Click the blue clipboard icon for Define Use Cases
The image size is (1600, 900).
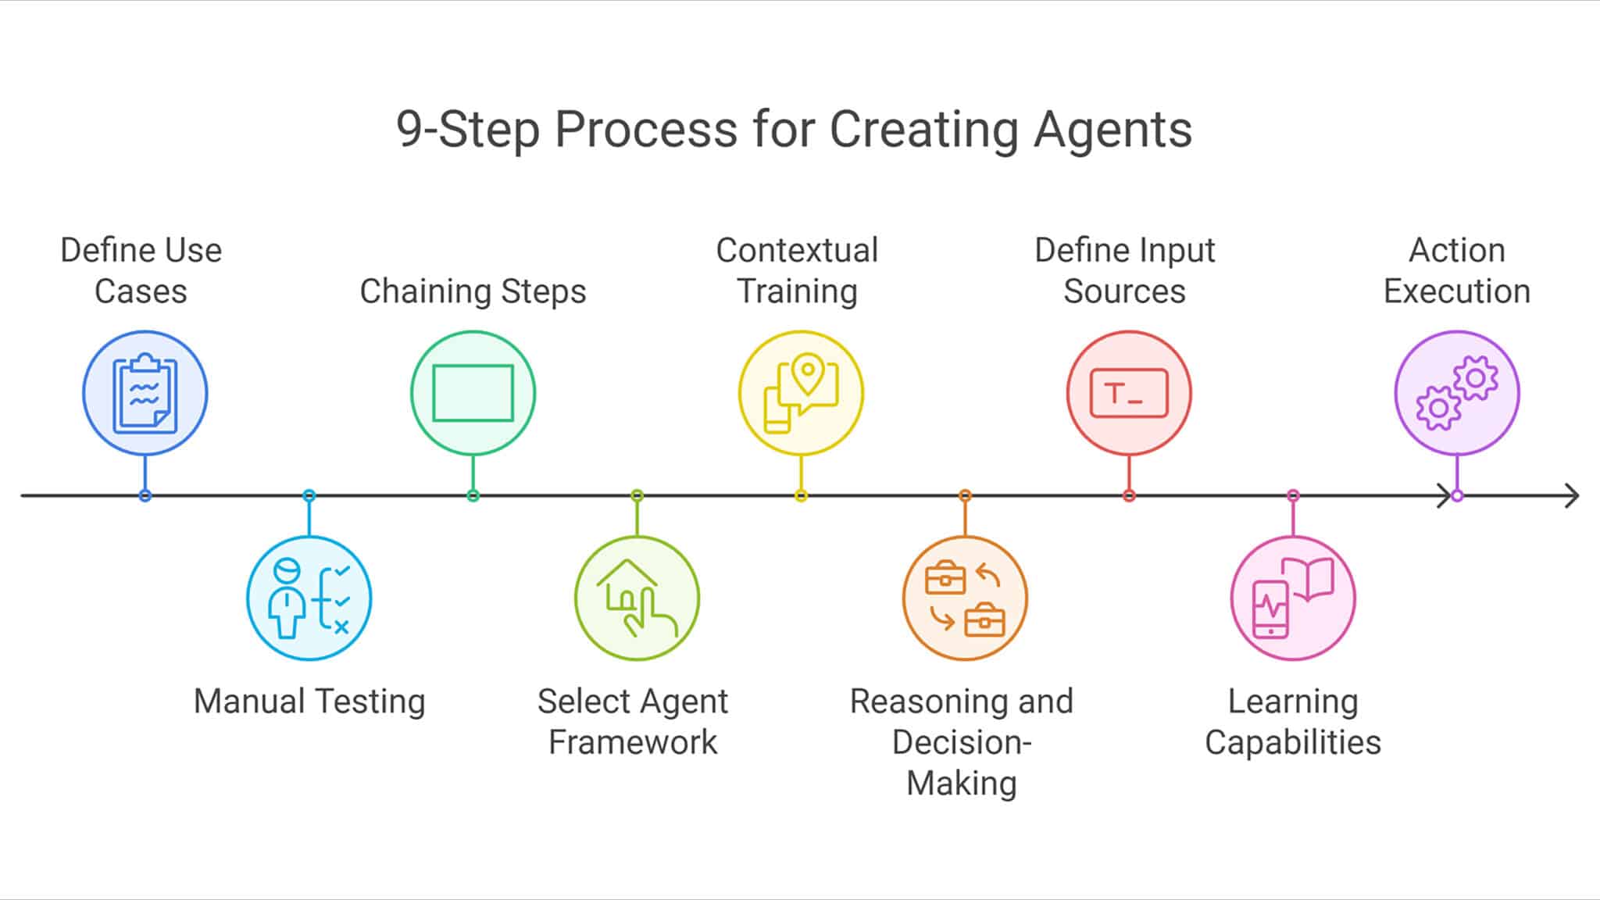145,393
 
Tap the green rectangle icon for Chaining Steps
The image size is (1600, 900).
473,393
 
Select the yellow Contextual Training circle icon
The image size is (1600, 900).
801,393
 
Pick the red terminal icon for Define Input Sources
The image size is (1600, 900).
1129,393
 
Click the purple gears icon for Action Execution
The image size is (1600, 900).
1457,393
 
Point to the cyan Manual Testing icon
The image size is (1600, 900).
309,598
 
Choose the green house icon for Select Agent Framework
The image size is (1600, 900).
637,598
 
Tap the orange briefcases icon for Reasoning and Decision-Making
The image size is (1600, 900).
965,598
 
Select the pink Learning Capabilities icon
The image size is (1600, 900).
1293,598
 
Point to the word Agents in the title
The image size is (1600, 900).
1112,129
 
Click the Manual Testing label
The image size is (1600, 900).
309,701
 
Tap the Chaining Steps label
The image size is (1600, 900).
473,291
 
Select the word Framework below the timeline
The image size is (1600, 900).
633,742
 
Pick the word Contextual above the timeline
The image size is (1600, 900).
797,251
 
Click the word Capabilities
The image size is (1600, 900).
1293,742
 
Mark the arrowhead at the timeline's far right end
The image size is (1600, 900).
1573,495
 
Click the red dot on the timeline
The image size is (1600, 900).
1129,495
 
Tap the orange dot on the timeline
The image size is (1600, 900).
965,495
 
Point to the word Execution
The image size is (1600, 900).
1457,291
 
